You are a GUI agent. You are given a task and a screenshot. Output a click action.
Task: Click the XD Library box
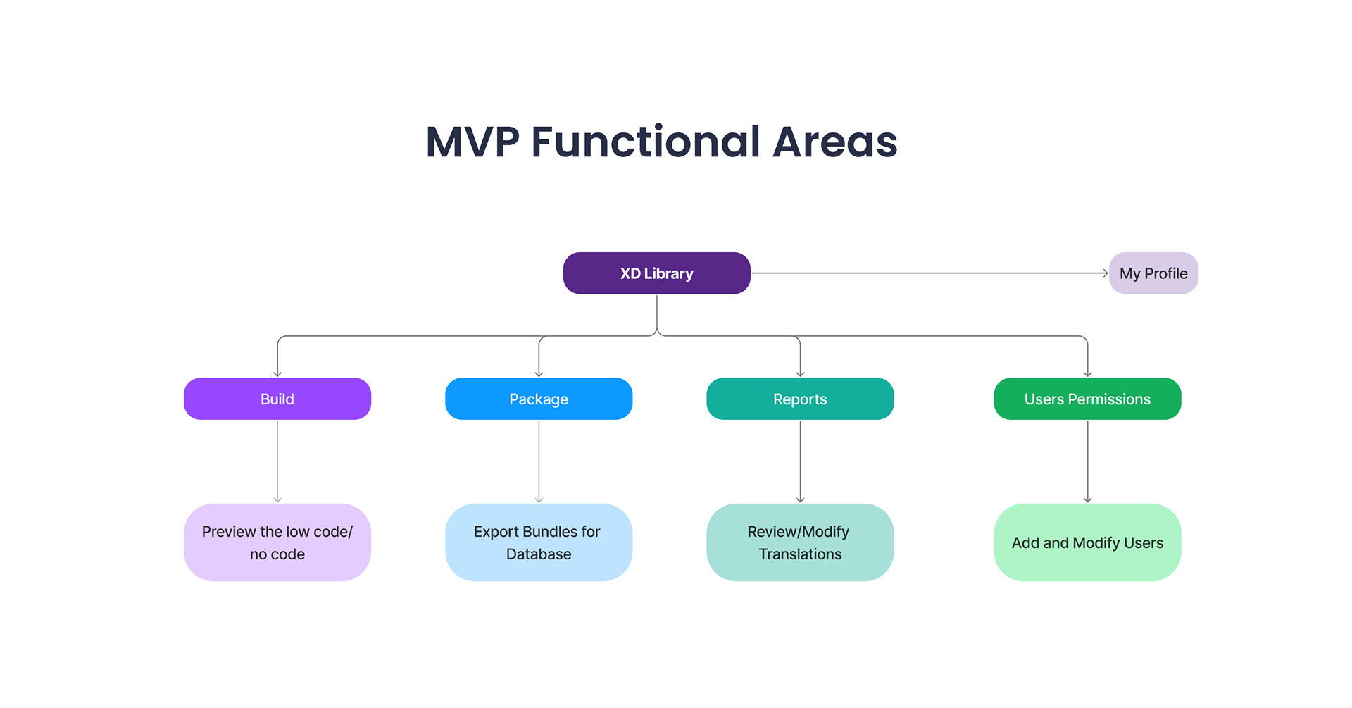click(x=657, y=273)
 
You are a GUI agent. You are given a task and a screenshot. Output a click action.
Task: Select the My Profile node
click(x=1153, y=273)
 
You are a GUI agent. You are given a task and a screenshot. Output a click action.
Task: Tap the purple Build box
click(x=277, y=399)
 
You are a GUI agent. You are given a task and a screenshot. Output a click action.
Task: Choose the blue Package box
click(x=539, y=399)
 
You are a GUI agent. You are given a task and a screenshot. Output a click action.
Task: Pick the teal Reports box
click(x=800, y=399)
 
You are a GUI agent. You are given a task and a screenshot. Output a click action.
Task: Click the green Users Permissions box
click(x=1087, y=399)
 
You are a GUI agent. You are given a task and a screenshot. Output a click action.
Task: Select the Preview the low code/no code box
click(x=277, y=542)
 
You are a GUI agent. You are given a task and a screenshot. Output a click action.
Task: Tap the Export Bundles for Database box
click(x=539, y=542)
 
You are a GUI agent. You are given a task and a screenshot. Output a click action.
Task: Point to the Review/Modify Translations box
click(x=800, y=542)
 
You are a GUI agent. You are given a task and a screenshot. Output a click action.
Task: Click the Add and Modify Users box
click(x=1087, y=542)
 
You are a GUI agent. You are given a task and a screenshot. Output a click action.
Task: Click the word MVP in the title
click(x=472, y=142)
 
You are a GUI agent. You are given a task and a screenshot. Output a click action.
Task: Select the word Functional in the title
click(x=646, y=142)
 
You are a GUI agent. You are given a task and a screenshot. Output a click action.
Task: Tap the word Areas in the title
click(x=835, y=142)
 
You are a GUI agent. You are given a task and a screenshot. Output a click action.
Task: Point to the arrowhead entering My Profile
click(x=1106, y=273)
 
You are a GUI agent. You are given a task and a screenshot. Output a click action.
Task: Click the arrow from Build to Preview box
click(x=277, y=461)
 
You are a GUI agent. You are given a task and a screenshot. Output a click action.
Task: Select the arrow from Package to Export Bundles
click(x=539, y=461)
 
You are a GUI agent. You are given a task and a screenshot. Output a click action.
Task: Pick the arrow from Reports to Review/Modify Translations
click(x=800, y=461)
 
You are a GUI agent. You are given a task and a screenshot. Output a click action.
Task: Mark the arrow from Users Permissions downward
click(x=1087, y=461)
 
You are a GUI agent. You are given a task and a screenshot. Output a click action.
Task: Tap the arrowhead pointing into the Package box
click(x=539, y=374)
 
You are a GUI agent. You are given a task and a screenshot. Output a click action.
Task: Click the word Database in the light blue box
click(x=539, y=554)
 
